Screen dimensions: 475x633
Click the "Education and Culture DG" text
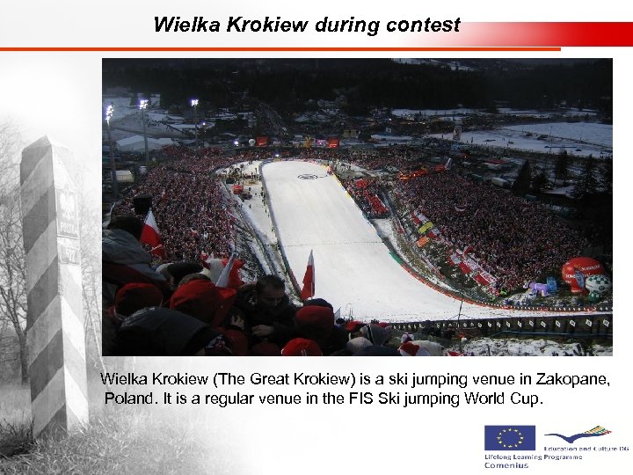pyautogui.click(x=586, y=449)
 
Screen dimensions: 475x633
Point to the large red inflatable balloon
pyautogui.click(x=581, y=270)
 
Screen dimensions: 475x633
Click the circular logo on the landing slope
pyautogui.click(x=307, y=177)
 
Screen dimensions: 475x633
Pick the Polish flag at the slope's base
pyautogui.click(x=308, y=274)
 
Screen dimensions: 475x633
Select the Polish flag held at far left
pyautogui.click(x=151, y=230)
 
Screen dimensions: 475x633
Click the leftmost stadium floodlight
pyautogui.click(x=109, y=112)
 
